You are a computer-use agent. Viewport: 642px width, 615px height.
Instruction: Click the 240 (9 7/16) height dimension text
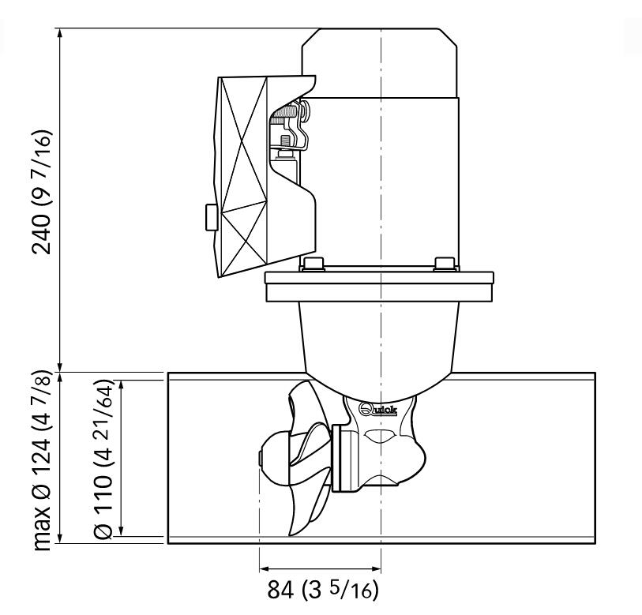click(42, 193)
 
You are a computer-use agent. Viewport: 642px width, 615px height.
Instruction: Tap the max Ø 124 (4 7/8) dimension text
click(42, 460)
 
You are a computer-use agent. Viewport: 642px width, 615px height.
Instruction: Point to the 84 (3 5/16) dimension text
click(323, 590)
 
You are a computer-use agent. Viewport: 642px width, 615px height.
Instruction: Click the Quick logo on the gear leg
click(377, 409)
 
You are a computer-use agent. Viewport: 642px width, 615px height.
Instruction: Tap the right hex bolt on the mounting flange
click(445, 264)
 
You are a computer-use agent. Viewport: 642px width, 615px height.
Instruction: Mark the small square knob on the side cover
click(211, 217)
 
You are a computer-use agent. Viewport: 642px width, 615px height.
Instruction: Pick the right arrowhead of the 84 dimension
click(376, 568)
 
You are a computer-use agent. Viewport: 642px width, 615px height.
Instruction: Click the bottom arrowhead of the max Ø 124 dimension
click(60, 538)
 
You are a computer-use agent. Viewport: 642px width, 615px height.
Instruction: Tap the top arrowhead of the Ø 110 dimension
click(121, 386)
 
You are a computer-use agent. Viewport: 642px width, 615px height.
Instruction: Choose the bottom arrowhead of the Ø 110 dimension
click(121, 531)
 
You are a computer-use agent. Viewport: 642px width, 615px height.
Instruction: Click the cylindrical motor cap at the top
click(380, 63)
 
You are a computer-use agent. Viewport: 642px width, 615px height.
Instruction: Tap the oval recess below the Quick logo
click(381, 436)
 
